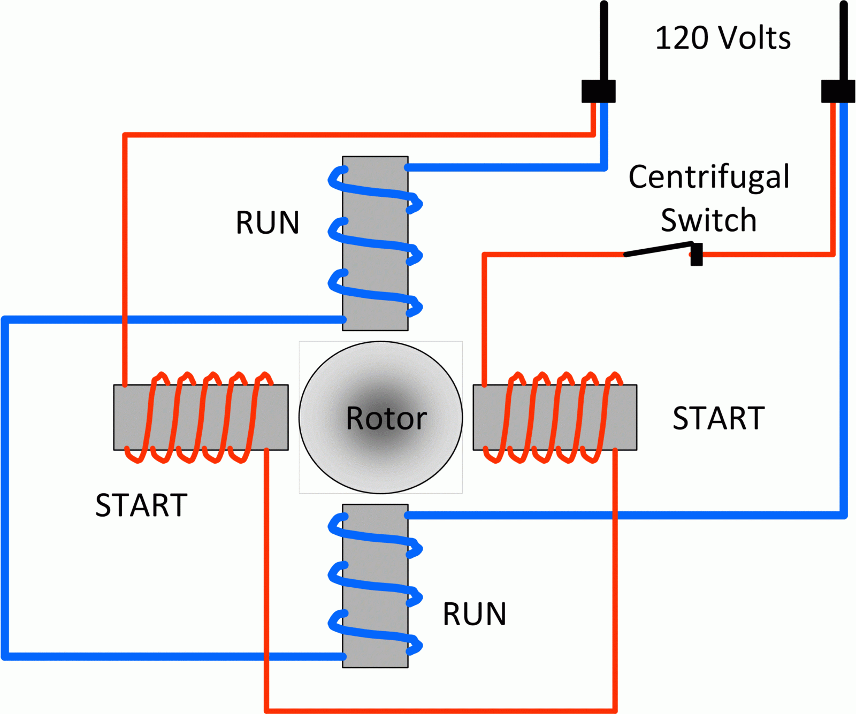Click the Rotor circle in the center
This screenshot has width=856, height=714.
(x=380, y=417)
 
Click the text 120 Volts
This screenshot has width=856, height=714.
(x=722, y=38)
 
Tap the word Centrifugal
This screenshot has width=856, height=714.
(x=708, y=177)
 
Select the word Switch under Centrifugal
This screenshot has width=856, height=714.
(x=708, y=220)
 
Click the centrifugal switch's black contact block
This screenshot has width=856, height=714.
(x=697, y=254)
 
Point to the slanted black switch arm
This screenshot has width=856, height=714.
(x=658, y=249)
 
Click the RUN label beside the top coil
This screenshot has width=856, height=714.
(x=267, y=223)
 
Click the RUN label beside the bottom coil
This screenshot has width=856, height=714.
(x=474, y=614)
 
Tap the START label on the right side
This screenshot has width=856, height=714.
(x=719, y=418)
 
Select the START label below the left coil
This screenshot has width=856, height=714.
(x=141, y=505)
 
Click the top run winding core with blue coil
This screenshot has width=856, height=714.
(x=375, y=243)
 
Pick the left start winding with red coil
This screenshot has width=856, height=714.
(x=201, y=417)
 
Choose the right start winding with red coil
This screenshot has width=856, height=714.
(x=555, y=417)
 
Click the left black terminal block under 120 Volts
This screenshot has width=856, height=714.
(x=598, y=91)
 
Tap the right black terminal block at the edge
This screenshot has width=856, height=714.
(x=838, y=91)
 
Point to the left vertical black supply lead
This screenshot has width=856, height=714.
(x=603, y=40)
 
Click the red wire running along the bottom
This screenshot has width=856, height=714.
(x=439, y=710)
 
